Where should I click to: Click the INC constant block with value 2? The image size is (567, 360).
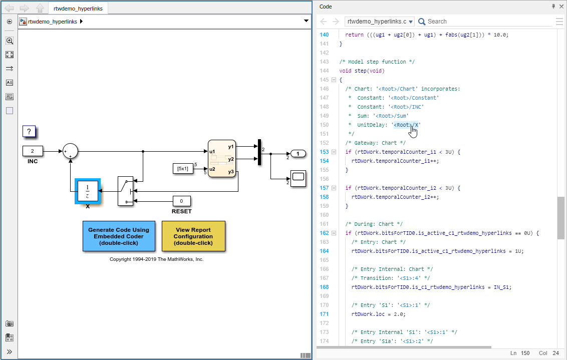33,151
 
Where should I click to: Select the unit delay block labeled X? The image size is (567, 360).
88,191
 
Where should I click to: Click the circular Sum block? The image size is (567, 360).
70,151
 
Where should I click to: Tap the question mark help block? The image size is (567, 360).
29,132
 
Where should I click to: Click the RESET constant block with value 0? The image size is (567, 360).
181,201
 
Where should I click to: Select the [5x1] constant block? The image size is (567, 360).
182,169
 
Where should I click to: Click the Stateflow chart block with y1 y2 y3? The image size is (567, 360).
222,159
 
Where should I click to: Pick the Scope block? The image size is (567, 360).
298,178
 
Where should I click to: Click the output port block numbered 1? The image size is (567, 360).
298,154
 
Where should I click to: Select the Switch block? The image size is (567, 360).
125,191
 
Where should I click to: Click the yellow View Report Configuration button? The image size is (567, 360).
193,236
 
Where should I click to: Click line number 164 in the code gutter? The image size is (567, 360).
324,251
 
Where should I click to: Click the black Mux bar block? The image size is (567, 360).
259,152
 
